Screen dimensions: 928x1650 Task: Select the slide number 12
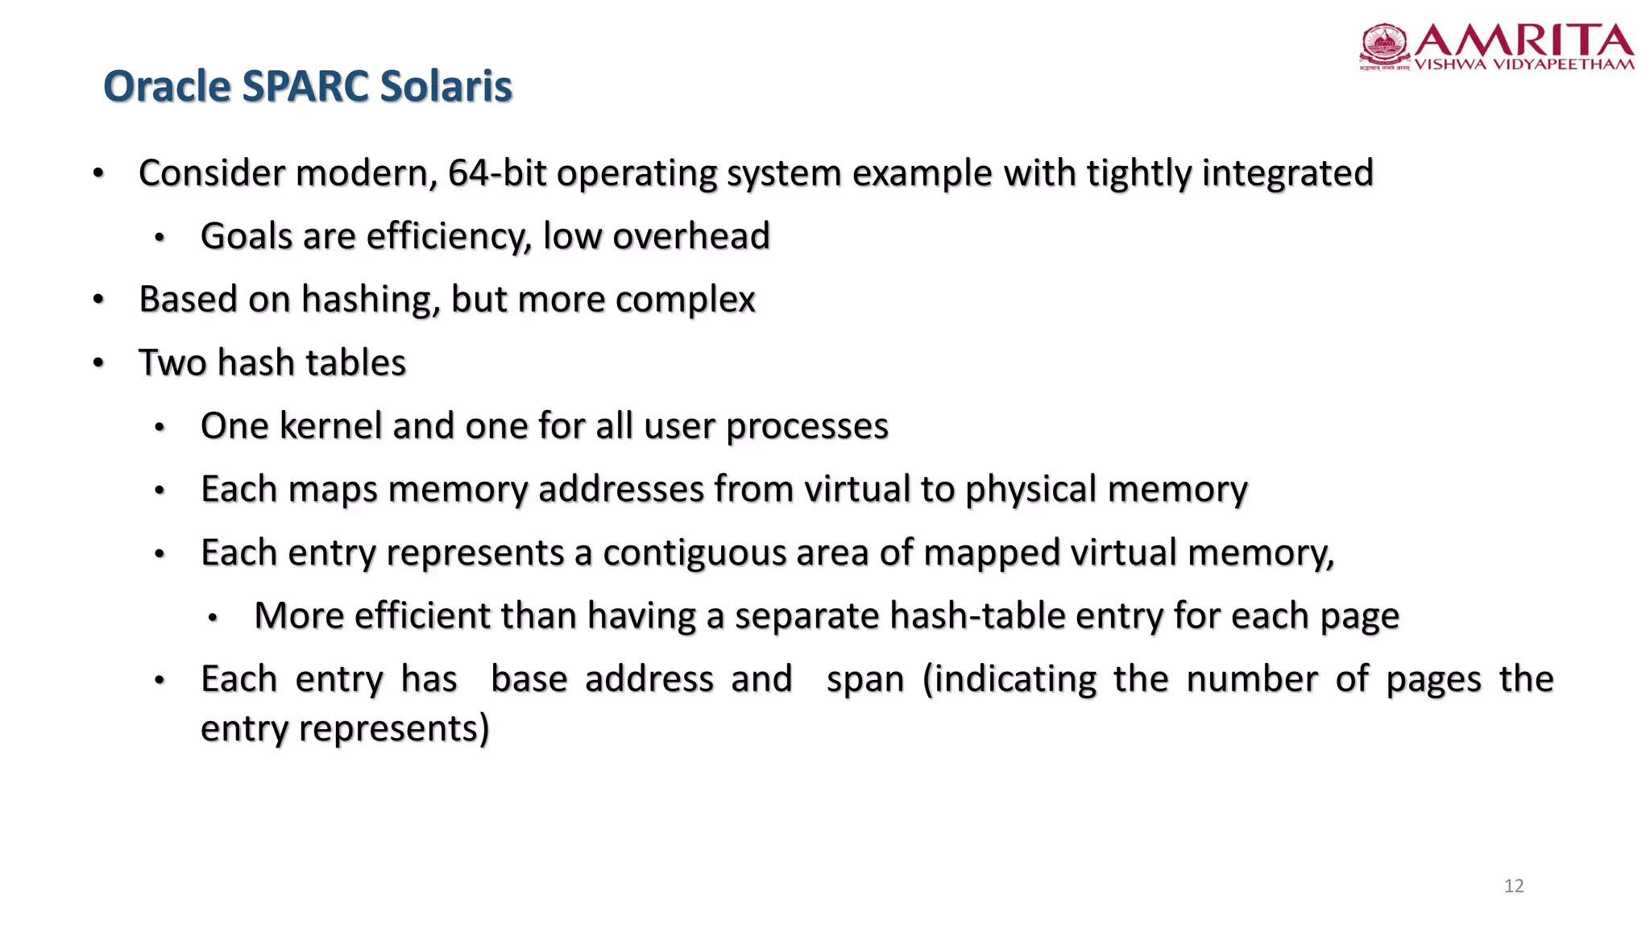click(x=1514, y=886)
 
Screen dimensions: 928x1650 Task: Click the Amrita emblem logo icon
click(x=1384, y=46)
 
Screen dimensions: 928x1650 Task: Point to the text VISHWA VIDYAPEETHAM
click(x=1524, y=65)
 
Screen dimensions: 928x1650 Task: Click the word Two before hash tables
click(x=172, y=362)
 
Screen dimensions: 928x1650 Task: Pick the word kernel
click(x=330, y=426)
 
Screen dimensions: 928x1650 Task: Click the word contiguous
click(x=694, y=553)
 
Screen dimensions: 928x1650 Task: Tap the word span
click(x=865, y=679)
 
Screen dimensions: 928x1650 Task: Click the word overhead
click(x=690, y=237)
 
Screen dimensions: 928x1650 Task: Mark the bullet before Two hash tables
click(x=98, y=363)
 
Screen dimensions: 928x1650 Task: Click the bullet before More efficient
click(x=213, y=618)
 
